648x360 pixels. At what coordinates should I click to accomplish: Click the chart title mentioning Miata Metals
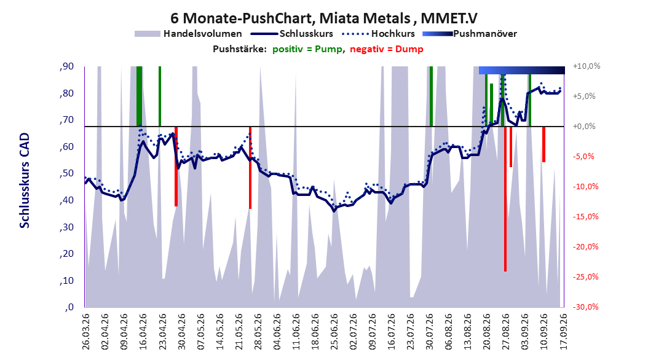point(324,18)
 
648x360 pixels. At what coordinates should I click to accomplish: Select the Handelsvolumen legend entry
point(188,34)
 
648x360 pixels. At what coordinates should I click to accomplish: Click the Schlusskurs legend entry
point(292,34)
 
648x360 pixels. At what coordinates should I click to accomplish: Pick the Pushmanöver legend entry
point(470,34)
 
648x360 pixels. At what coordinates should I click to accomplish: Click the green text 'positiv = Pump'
point(307,49)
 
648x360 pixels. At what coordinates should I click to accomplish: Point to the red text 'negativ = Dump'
point(387,49)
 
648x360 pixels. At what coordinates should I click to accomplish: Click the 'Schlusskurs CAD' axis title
point(25,181)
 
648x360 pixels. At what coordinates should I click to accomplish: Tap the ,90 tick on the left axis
point(66,66)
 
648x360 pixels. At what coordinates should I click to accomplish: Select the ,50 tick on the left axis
point(66,173)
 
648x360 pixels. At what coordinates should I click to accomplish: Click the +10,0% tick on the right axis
point(587,66)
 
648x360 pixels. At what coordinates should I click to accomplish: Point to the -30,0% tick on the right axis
point(585,307)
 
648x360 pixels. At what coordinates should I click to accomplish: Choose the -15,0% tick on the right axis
point(585,216)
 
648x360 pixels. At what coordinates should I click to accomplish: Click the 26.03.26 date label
point(85,332)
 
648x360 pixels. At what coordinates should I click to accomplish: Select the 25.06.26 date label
point(334,332)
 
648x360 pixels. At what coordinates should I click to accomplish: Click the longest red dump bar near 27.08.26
point(505,199)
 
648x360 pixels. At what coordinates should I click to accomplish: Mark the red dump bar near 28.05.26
point(250,168)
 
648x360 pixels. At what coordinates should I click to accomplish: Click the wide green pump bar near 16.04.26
point(140,96)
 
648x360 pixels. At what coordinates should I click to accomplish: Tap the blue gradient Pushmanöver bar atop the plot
point(522,70)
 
